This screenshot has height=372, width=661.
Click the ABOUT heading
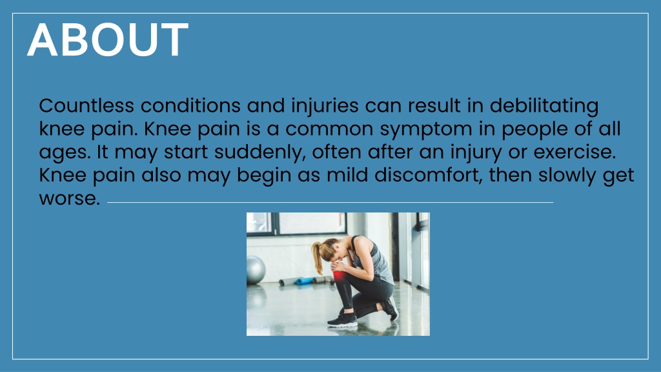108,40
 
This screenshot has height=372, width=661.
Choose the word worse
69,198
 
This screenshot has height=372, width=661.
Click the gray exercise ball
256,269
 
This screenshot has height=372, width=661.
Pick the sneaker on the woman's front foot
343,320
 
